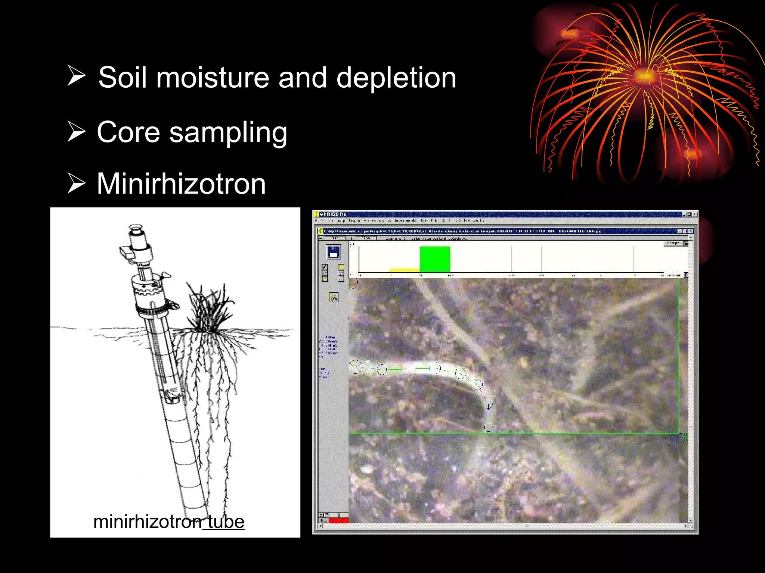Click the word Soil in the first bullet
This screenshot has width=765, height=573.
pos(123,78)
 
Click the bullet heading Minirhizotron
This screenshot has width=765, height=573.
pos(181,184)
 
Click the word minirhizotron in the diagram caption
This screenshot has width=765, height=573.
pos(147,522)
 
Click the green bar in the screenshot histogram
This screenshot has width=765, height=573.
pos(435,259)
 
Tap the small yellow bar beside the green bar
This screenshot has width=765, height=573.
pos(404,270)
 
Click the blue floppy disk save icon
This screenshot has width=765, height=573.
pos(333,253)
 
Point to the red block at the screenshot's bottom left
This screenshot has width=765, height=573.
pos(338,520)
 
